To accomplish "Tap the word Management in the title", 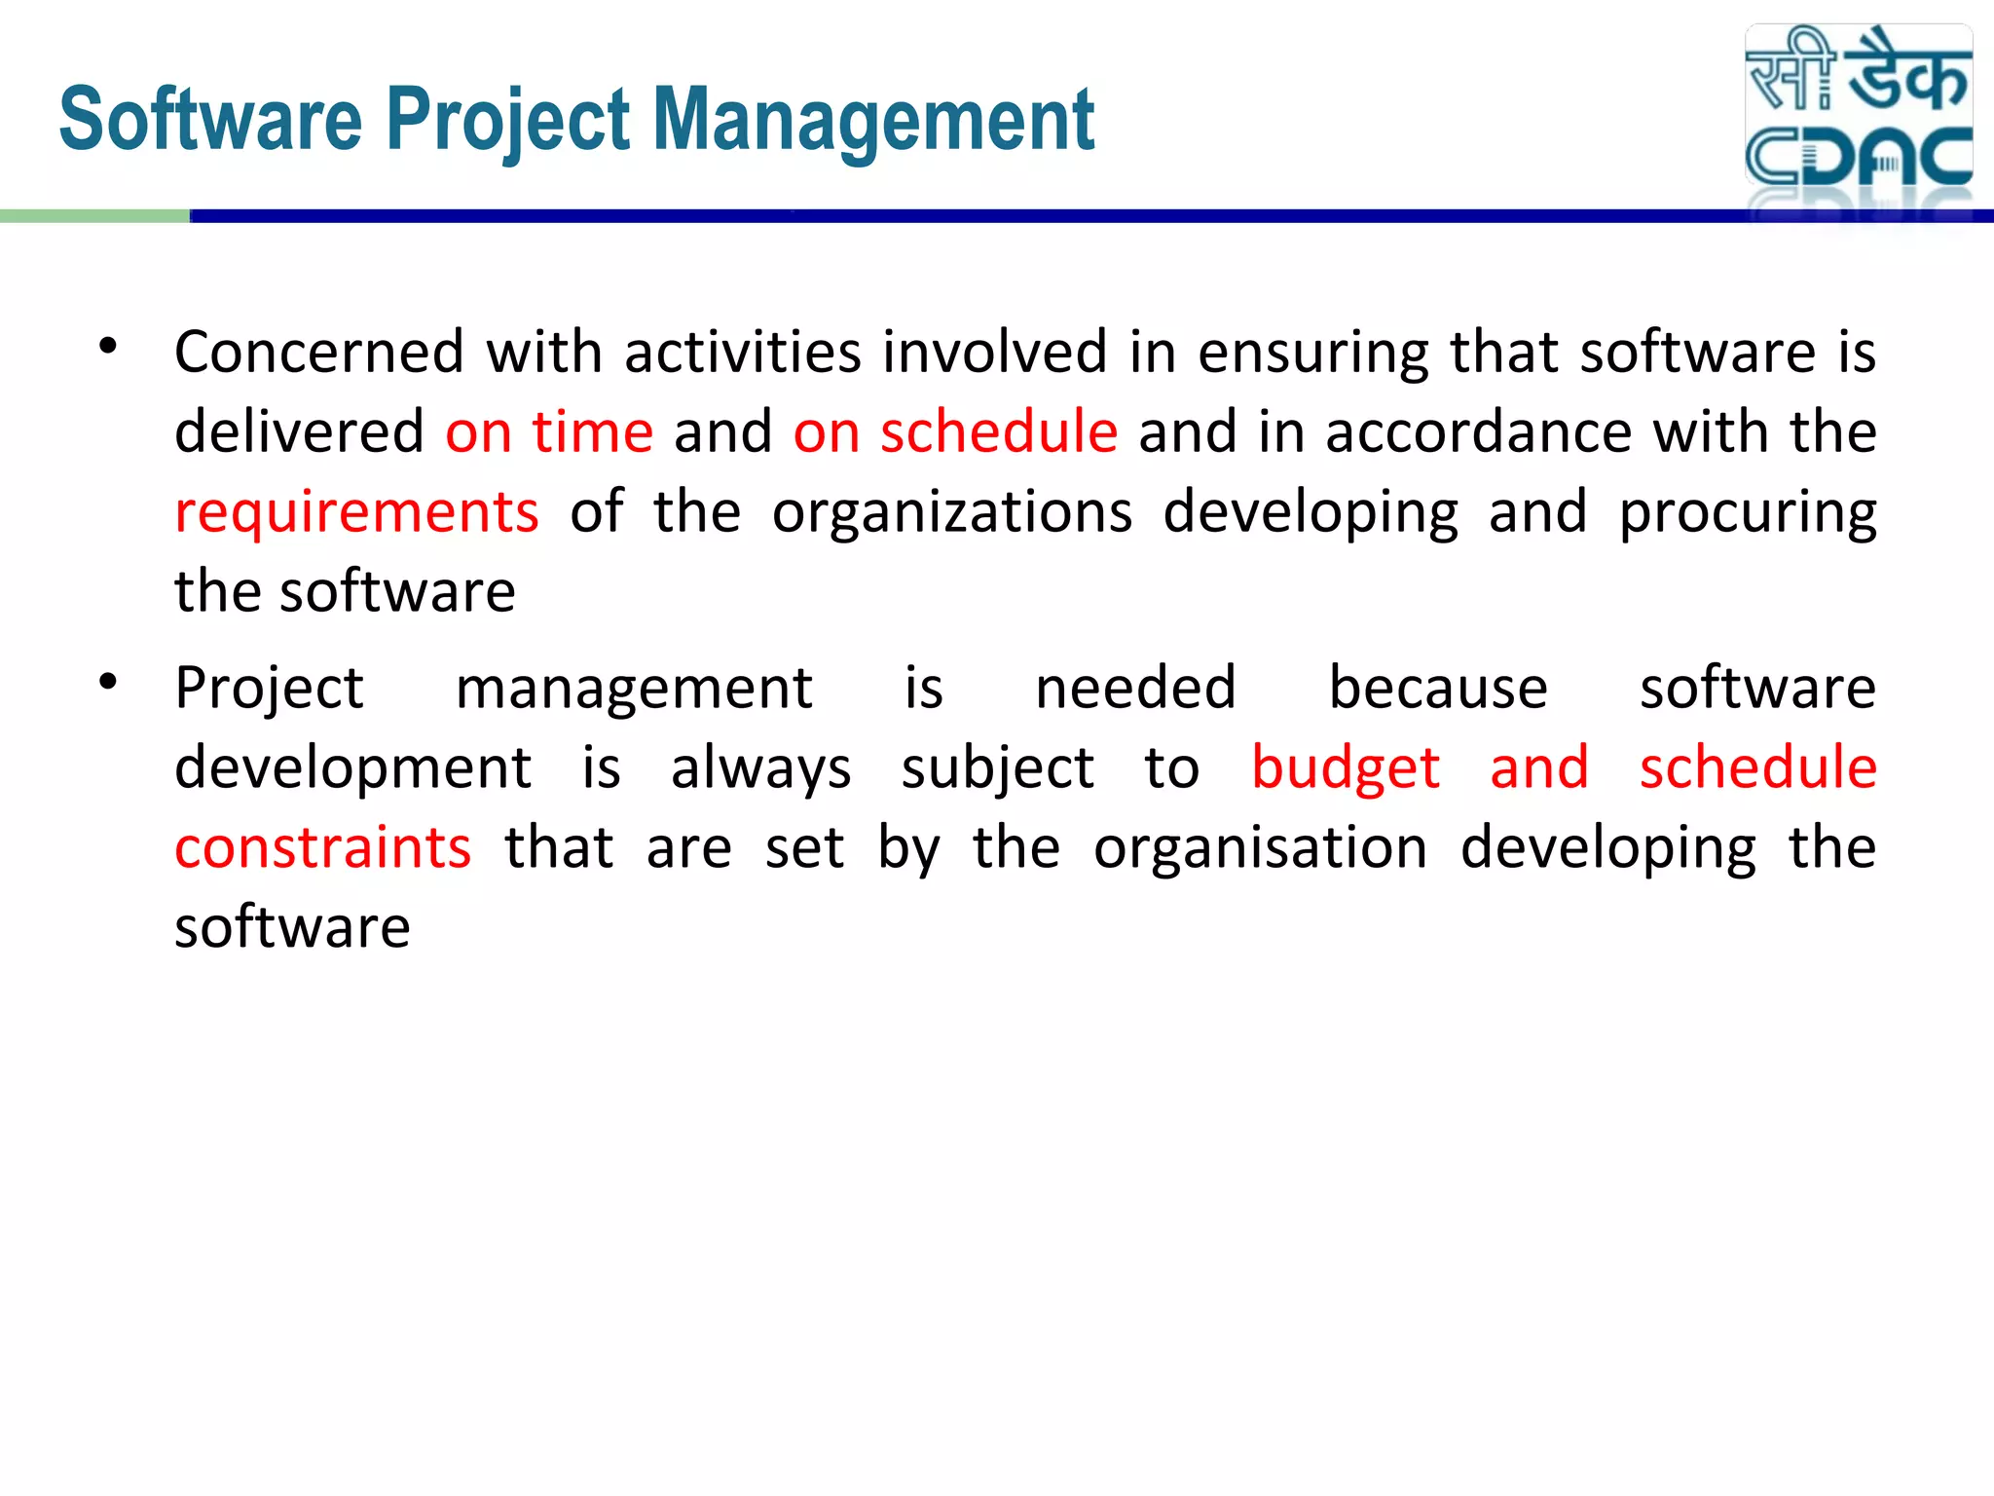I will (x=873, y=121).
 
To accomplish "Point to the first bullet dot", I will (x=108, y=347).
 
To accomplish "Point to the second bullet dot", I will (x=108, y=683).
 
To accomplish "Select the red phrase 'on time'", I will (x=549, y=431).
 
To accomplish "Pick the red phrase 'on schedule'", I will (x=955, y=431).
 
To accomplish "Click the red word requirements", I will (x=356, y=513).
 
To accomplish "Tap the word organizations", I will (x=952, y=513).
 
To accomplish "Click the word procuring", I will (x=1748, y=513).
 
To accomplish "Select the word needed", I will (x=1135, y=688).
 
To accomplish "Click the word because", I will (x=1438, y=688).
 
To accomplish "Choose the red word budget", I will (x=1346, y=768).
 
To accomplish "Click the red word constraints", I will (x=323, y=847).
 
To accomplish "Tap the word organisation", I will (x=1260, y=847).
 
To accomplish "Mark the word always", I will (x=760, y=769).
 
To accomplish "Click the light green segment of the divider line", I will (x=94, y=216).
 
